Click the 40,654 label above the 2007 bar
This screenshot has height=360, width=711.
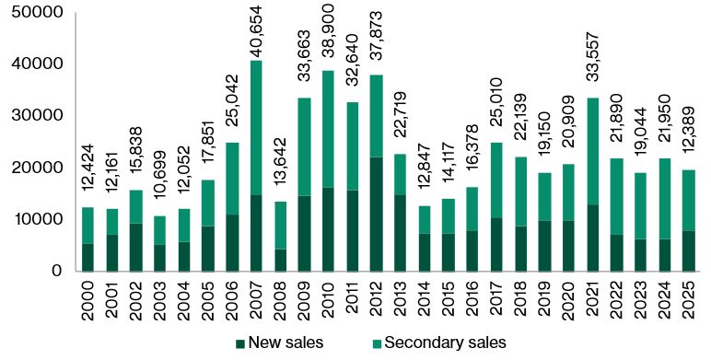click(256, 30)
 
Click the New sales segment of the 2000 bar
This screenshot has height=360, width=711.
click(88, 257)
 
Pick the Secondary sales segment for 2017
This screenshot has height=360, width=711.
click(496, 180)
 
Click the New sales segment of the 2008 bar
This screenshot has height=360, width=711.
click(280, 260)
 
